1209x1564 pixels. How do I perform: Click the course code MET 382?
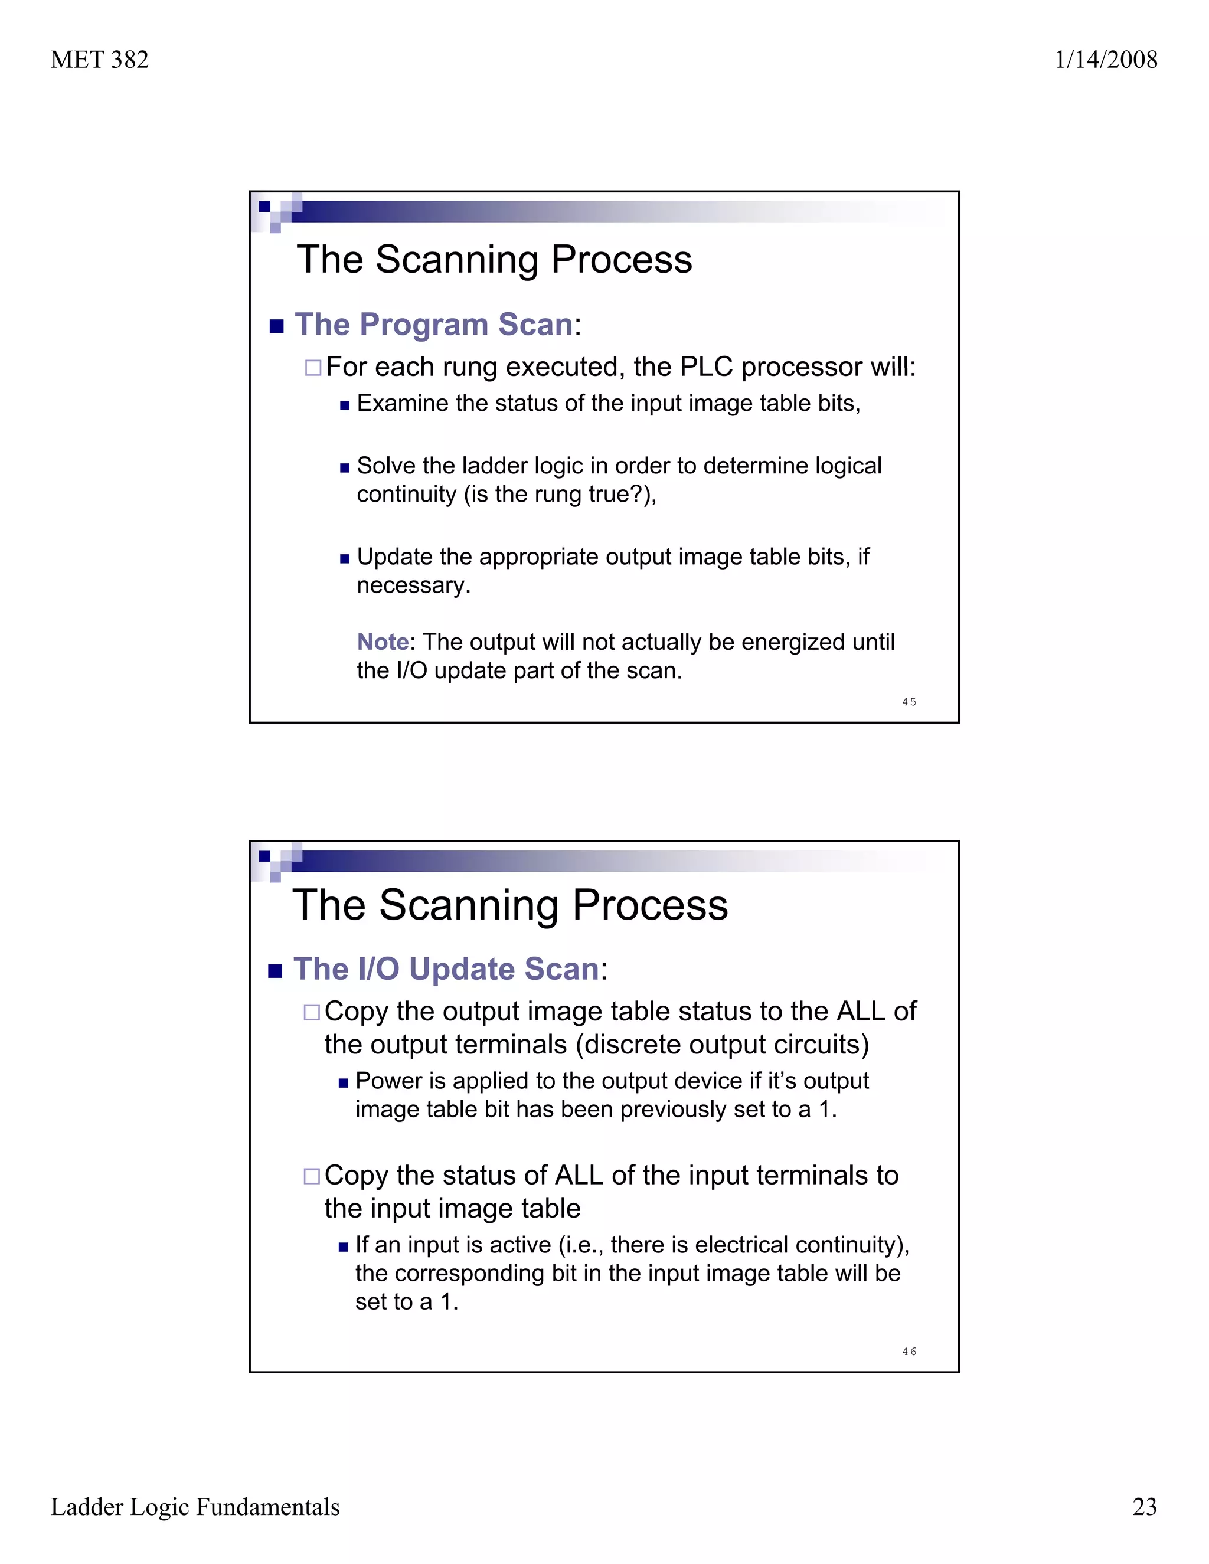tap(100, 60)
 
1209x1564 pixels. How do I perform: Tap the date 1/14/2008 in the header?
tap(1105, 60)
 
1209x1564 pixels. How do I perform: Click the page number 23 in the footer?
tap(1145, 1507)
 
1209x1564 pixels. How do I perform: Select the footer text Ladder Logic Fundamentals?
tap(195, 1507)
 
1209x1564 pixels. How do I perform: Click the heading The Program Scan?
tap(434, 325)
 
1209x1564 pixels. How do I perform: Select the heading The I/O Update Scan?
tap(446, 969)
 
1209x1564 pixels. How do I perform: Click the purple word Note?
tap(383, 642)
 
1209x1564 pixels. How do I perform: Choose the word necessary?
tap(413, 585)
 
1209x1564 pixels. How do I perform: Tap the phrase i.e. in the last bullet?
tap(583, 1245)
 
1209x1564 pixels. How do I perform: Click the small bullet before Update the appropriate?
tap(345, 558)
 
